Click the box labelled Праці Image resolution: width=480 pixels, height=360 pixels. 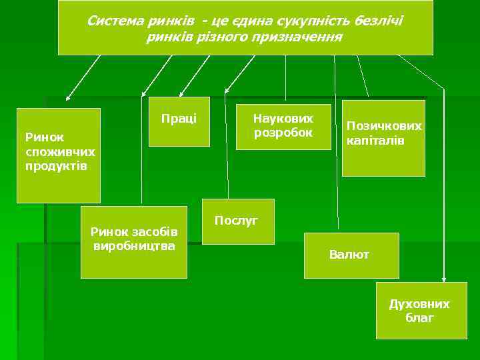pyautogui.click(x=179, y=121)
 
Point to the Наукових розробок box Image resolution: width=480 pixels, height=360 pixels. pyautogui.click(x=283, y=127)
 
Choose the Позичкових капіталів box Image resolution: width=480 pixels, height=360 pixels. pyautogui.click(x=383, y=138)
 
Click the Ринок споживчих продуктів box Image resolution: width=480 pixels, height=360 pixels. pyautogui.click(x=58, y=155)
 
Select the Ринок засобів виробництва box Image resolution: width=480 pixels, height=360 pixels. pyautogui.click(x=133, y=242)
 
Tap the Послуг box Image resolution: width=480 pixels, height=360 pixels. pyautogui.click(x=238, y=221)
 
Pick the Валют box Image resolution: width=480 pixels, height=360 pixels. pyautogui.click(x=351, y=255)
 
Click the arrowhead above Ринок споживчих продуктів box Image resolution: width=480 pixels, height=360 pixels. pyautogui.click(x=67, y=98)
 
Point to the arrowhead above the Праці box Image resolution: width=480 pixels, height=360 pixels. pyautogui.click(x=183, y=92)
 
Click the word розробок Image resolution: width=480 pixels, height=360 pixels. pyautogui.click(x=283, y=133)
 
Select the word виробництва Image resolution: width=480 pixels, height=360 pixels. pyautogui.click(x=134, y=245)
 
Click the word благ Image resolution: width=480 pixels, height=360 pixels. pyautogui.click(x=419, y=318)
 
